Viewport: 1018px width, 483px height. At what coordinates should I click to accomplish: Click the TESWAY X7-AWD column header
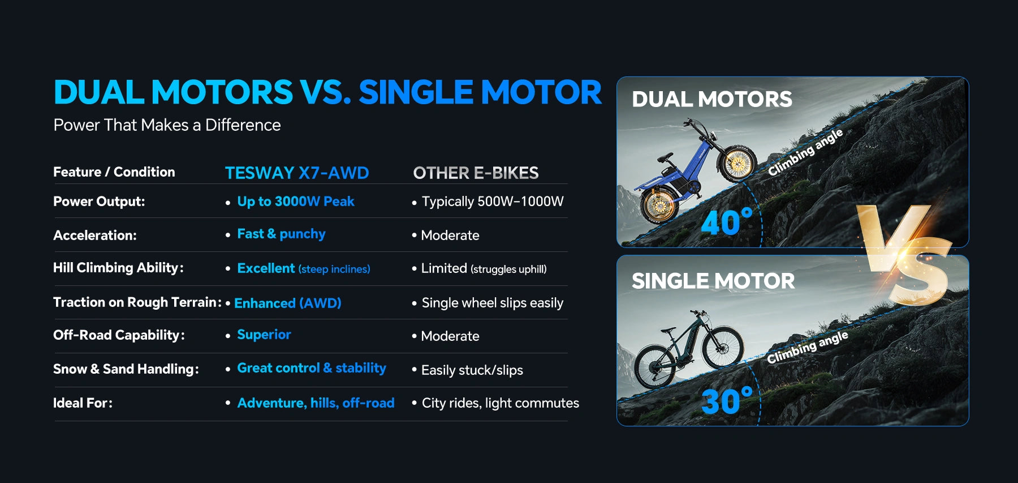297,173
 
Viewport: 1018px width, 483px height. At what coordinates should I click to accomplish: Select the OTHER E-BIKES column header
476,173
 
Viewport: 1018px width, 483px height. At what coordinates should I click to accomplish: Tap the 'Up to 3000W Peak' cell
296,202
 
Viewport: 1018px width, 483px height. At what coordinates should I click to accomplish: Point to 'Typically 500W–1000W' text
493,202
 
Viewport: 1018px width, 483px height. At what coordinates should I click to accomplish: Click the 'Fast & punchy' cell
281,234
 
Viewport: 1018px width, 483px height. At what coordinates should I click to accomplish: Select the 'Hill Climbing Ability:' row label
118,268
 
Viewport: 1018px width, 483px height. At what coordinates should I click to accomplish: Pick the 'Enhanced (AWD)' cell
288,303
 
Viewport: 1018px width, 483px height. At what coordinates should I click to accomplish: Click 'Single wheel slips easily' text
493,303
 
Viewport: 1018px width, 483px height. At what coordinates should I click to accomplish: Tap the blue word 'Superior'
264,335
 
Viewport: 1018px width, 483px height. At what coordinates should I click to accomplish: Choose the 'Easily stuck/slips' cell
472,370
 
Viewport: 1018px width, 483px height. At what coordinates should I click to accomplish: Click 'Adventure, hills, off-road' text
316,403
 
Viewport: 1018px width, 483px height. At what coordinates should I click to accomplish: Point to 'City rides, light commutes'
501,403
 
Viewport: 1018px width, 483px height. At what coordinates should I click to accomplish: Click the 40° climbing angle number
727,222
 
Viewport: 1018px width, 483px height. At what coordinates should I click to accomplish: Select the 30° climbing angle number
727,401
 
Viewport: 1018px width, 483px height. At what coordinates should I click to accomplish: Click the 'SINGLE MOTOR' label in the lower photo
713,281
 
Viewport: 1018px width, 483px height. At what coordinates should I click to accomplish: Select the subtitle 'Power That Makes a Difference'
167,125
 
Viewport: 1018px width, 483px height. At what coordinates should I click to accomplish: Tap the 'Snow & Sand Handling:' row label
126,369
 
